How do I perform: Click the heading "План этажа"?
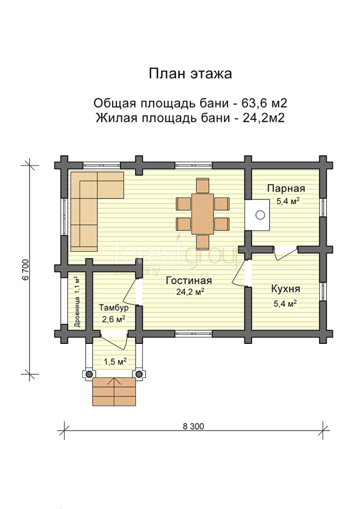pyautogui.click(x=190, y=74)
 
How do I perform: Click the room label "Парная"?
pyautogui.click(x=286, y=188)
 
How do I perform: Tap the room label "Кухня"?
pyautogui.click(x=286, y=289)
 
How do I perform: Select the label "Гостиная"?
pyautogui.click(x=188, y=281)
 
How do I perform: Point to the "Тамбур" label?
pyautogui.click(x=114, y=308)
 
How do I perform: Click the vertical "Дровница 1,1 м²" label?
pyautogui.click(x=78, y=302)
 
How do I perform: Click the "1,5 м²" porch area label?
pyautogui.click(x=115, y=361)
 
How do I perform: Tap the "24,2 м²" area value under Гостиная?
pyautogui.click(x=190, y=292)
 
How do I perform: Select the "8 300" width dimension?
pyautogui.click(x=194, y=426)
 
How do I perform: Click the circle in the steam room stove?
pyautogui.click(x=260, y=214)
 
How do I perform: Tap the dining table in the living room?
pyautogui.click(x=203, y=214)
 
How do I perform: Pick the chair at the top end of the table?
pyautogui.click(x=203, y=186)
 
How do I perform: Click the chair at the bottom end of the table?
pyautogui.click(x=203, y=242)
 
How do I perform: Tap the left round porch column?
pyautogui.click(x=89, y=374)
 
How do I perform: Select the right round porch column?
pyautogui.click(x=139, y=374)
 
